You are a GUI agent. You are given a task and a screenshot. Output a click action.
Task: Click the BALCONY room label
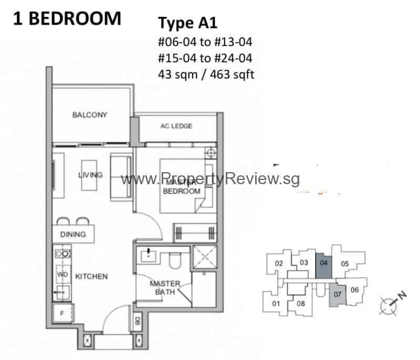tap(90, 115)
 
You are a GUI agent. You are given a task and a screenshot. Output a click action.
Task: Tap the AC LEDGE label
tap(176, 126)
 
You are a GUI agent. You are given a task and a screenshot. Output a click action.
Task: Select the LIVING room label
tap(90, 175)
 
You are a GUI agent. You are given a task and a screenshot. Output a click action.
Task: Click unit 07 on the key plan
tap(338, 294)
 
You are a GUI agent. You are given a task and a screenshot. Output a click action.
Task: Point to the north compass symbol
tap(390, 304)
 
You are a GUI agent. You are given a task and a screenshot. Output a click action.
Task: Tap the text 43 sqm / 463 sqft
tap(206, 75)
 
